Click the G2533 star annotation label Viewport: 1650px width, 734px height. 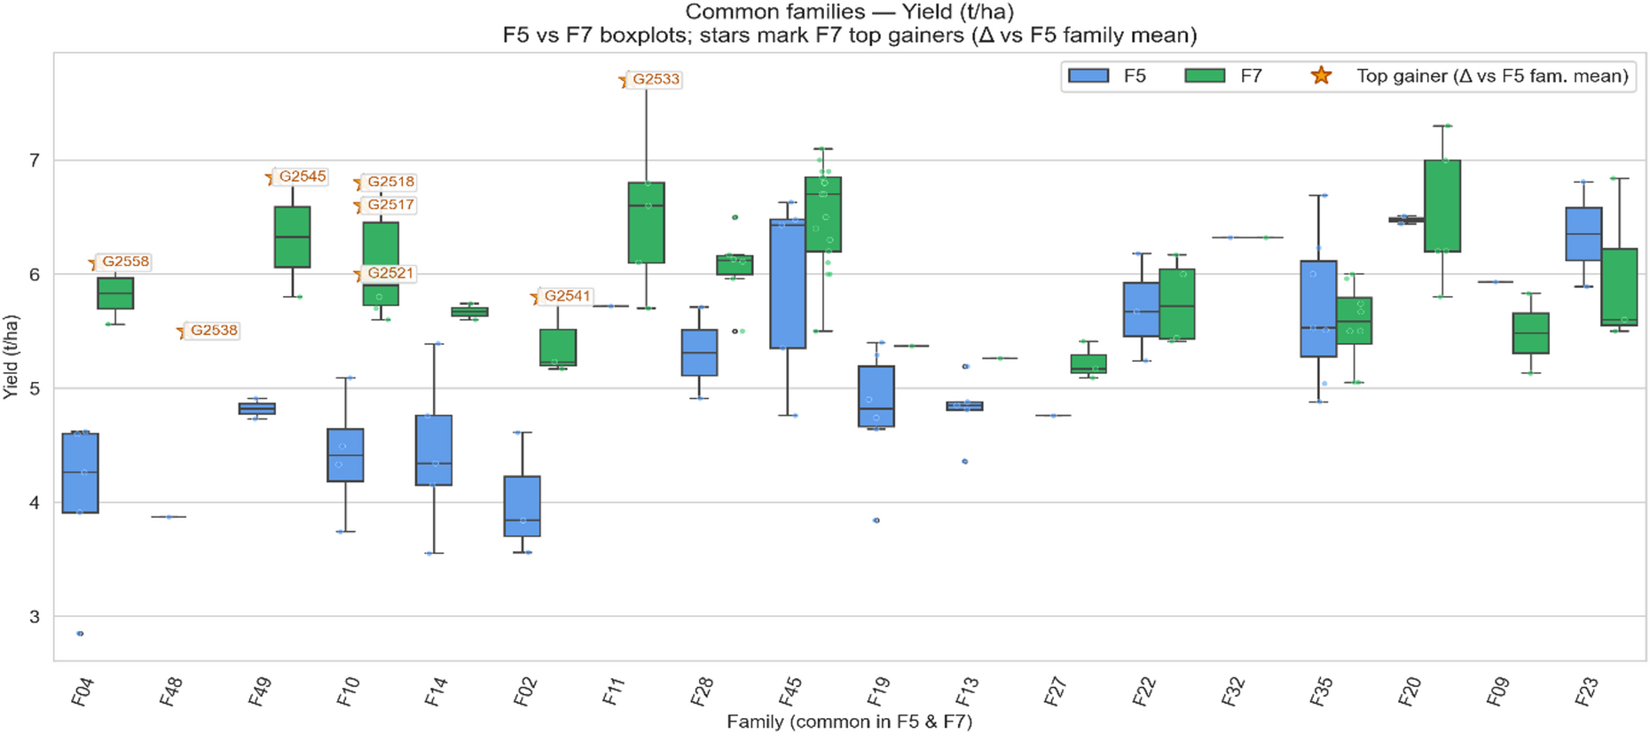click(656, 80)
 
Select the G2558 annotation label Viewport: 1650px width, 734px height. click(125, 262)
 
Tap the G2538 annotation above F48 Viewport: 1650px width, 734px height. click(214, 331)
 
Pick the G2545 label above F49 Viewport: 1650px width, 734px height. click(302, 177)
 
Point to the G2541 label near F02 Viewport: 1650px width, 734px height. click(567, 297)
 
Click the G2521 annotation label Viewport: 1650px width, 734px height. click(390, 274)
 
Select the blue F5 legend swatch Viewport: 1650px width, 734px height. click(1088, 76)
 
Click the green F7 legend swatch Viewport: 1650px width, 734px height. click(1205, 76)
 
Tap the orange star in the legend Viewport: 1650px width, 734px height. click(1321, 76)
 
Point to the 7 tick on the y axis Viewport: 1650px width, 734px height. click(35, 160)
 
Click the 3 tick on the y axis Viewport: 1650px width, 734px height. click(35, 617)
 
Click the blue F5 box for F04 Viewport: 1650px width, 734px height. click(80, 473)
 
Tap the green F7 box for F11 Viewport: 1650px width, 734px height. click(646, 223)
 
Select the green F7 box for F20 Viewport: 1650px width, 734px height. click(1442, 206)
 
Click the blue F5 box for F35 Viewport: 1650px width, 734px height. click(1318, 308)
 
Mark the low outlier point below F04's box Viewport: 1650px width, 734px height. click(80, 634)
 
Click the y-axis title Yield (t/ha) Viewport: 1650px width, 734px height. click(11, 356)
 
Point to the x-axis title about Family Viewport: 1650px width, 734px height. click(849, 722)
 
